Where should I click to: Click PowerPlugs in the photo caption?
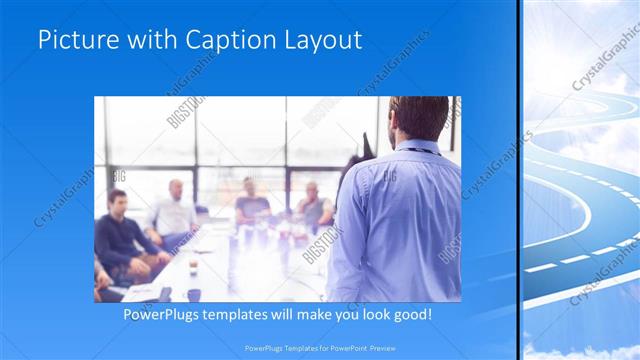click(164, 314)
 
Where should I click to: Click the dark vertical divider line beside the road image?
click(518, 180)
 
